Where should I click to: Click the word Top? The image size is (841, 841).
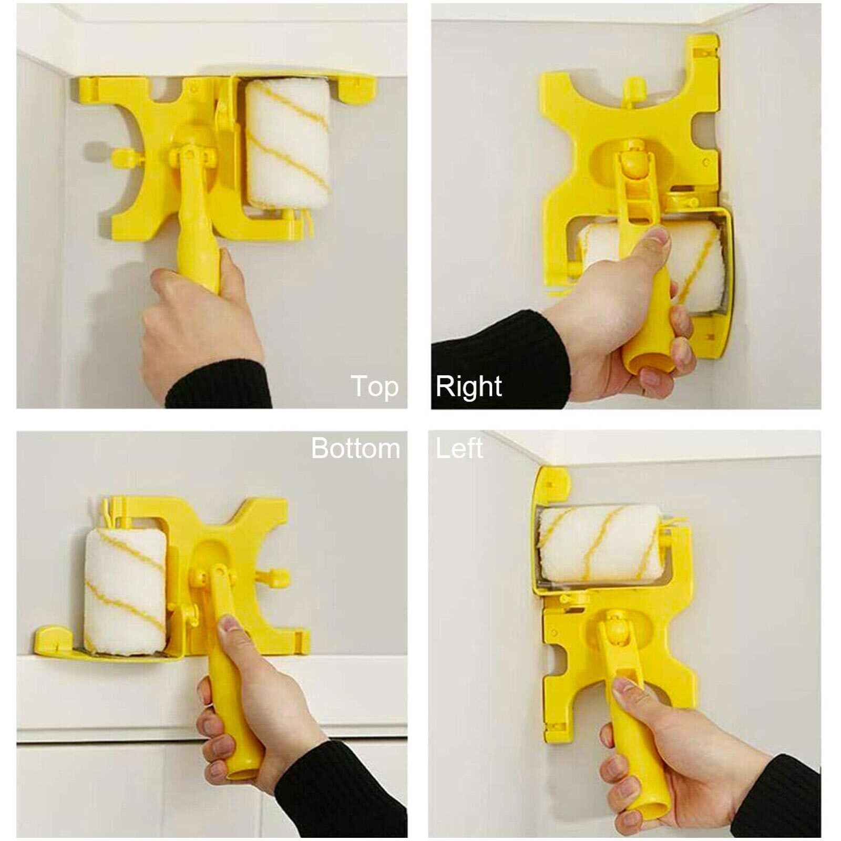click(374, 387)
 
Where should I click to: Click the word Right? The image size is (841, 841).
click(468, 387)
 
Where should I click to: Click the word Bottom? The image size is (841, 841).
click(355, 448)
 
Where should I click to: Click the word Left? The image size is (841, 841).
click(459, 448)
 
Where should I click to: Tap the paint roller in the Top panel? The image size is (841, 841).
click(288, 143)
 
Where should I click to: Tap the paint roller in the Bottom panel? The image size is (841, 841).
click(125, 591)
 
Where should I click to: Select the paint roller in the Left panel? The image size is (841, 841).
click(599, 545)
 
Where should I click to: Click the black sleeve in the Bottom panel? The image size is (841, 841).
click(342, 788)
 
